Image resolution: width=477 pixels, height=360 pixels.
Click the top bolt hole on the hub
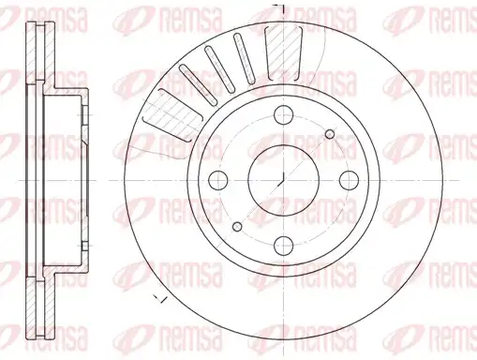(284, 114)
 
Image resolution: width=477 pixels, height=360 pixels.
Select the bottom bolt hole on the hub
(284, 246)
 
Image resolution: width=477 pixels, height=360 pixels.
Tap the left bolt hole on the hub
(217, 180)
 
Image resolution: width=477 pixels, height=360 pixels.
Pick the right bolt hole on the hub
(350, 180)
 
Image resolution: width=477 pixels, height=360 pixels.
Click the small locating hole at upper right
(330, 134)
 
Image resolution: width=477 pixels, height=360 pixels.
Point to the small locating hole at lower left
(237, 227)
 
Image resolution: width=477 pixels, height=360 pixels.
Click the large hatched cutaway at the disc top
(284, 52)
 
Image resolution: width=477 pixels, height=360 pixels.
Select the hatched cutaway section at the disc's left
(171, 114)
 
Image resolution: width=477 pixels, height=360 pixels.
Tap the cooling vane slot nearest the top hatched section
(246, 58)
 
